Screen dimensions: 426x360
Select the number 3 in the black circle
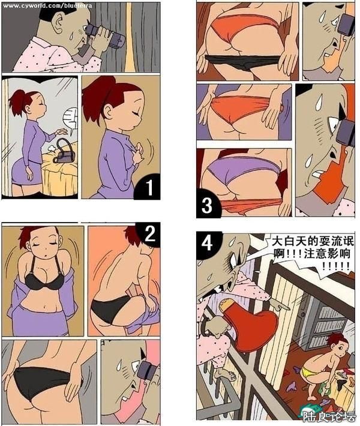point(207,205)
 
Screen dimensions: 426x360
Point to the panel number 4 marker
point(207,244)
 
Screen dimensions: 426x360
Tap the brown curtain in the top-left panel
point(144,36)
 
